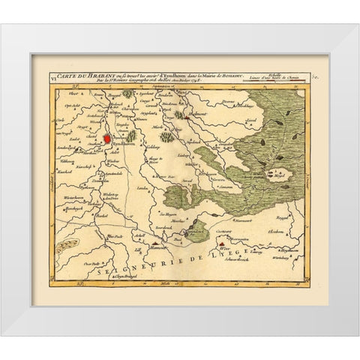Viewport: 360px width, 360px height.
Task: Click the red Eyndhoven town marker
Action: coord(107,117)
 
